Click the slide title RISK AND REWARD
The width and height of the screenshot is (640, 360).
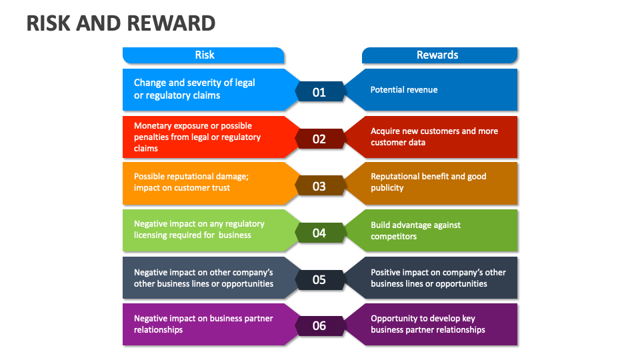coord(121,23)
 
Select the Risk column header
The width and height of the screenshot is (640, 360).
coord(204,55)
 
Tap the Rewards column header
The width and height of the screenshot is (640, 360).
coord(437,55)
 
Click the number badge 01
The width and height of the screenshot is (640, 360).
coord(319,92)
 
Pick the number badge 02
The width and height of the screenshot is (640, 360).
coord(319,139)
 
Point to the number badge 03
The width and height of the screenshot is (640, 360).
coord(319,186)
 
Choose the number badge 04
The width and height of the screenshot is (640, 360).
coord(319,233)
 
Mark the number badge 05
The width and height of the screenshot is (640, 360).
coord(319,279)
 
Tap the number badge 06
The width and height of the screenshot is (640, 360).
coord(319,325)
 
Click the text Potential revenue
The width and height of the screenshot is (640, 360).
coord(404,89)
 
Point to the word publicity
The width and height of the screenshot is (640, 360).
coord(387,188)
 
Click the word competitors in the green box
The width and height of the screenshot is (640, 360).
coord(394,237)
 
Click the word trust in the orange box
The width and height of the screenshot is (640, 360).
coord(220,188)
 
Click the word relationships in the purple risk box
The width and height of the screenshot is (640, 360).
coord(158,330)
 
